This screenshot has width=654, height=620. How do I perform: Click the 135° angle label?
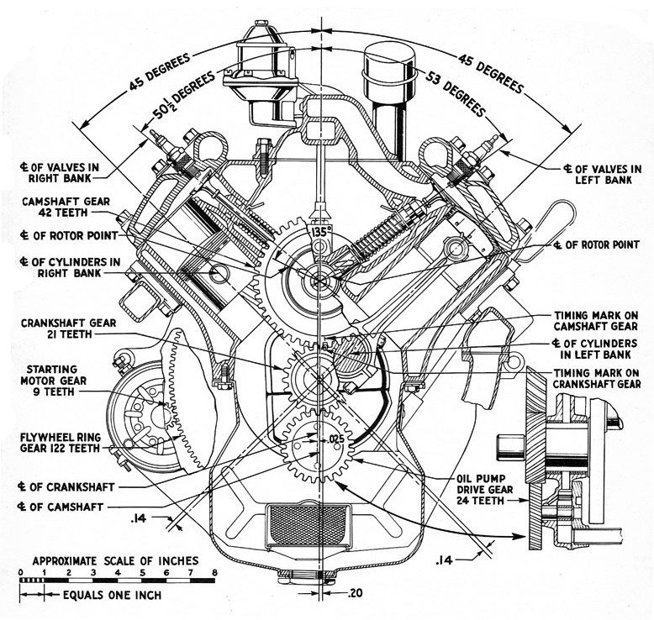tap(318, 231)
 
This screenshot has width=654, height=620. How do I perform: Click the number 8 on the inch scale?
tap(216, 572)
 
